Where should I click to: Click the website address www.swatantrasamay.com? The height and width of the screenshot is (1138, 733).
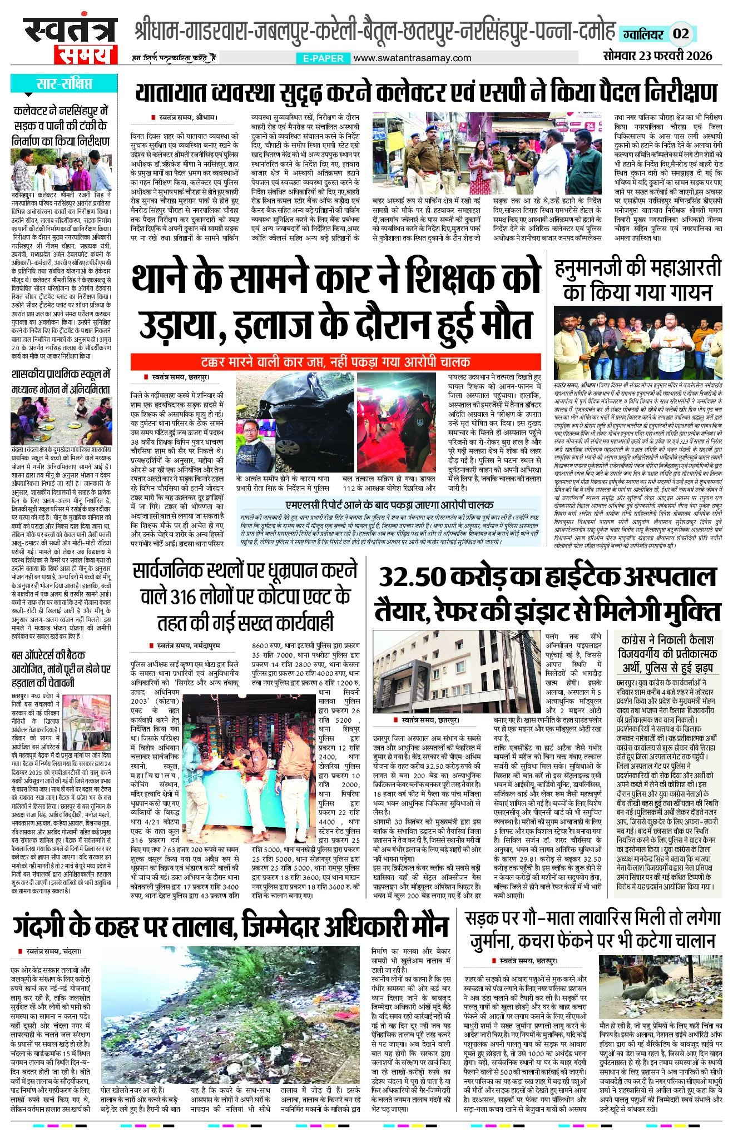(x=412, y=58)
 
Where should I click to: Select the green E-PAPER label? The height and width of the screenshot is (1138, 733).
(x=323, y=58)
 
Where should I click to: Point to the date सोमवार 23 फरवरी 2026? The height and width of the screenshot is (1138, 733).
(x=657, y=56)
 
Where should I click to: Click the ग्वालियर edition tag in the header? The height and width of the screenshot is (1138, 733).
(x=643, y=34)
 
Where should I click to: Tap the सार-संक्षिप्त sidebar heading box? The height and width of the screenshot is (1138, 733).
(x=64, y=85)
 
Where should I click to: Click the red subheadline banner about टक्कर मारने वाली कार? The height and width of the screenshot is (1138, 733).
(x=335, y=362)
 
